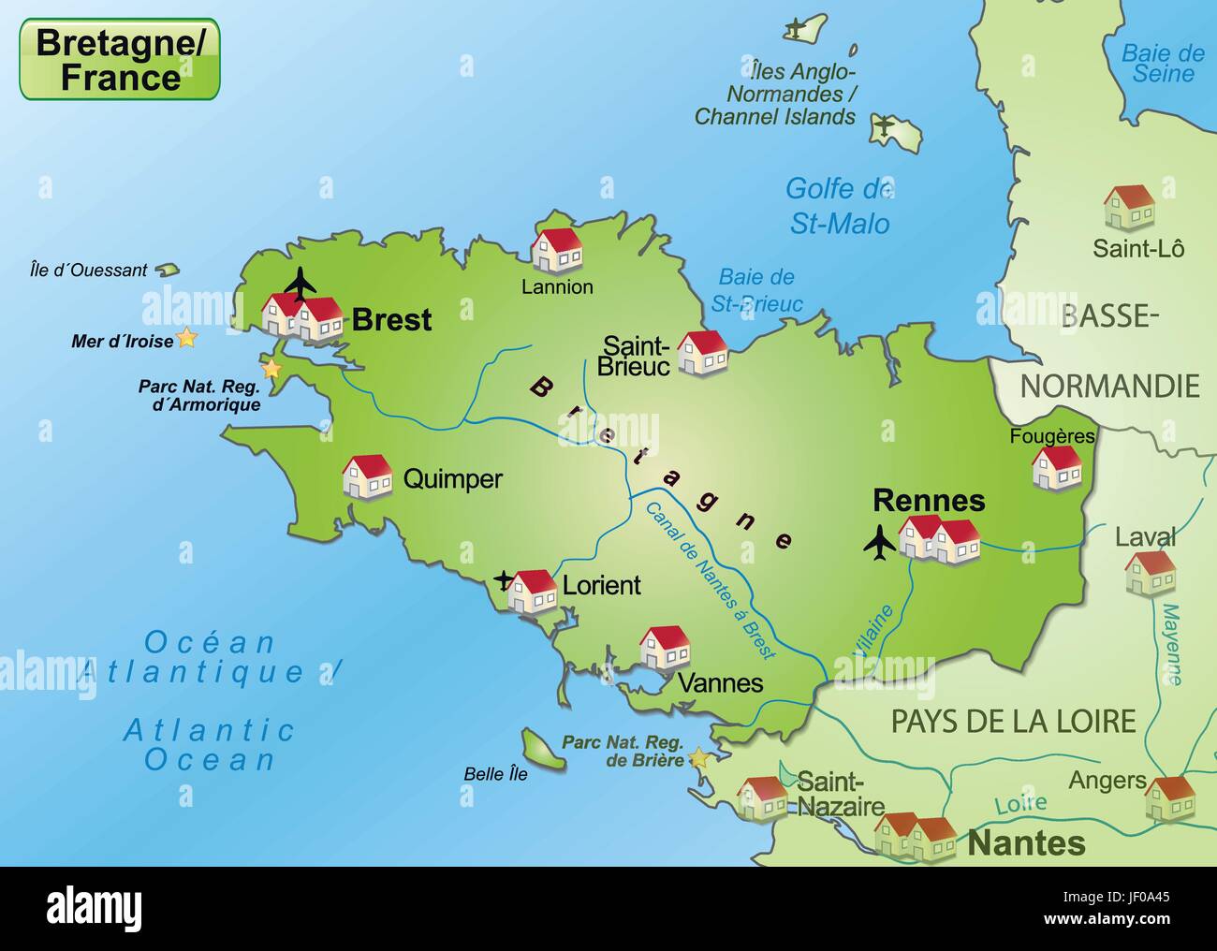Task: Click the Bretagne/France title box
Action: (120, 59)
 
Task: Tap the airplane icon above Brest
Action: (300, 282)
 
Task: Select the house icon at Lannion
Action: (557, 249)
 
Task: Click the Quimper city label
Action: (452, 479)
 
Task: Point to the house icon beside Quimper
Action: (367, 476)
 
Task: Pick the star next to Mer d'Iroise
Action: (187, 339)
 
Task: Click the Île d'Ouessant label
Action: (88, 271)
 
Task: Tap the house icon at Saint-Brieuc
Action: (702, 353)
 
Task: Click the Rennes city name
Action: (929, 501)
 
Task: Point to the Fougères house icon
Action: (1056, 467)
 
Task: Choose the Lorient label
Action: (601, 585)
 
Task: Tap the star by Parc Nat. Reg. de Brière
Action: (698, 757)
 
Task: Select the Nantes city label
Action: (1026, 842)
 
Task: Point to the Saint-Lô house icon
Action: (1128, 207)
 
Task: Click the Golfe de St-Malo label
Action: (838, 206)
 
